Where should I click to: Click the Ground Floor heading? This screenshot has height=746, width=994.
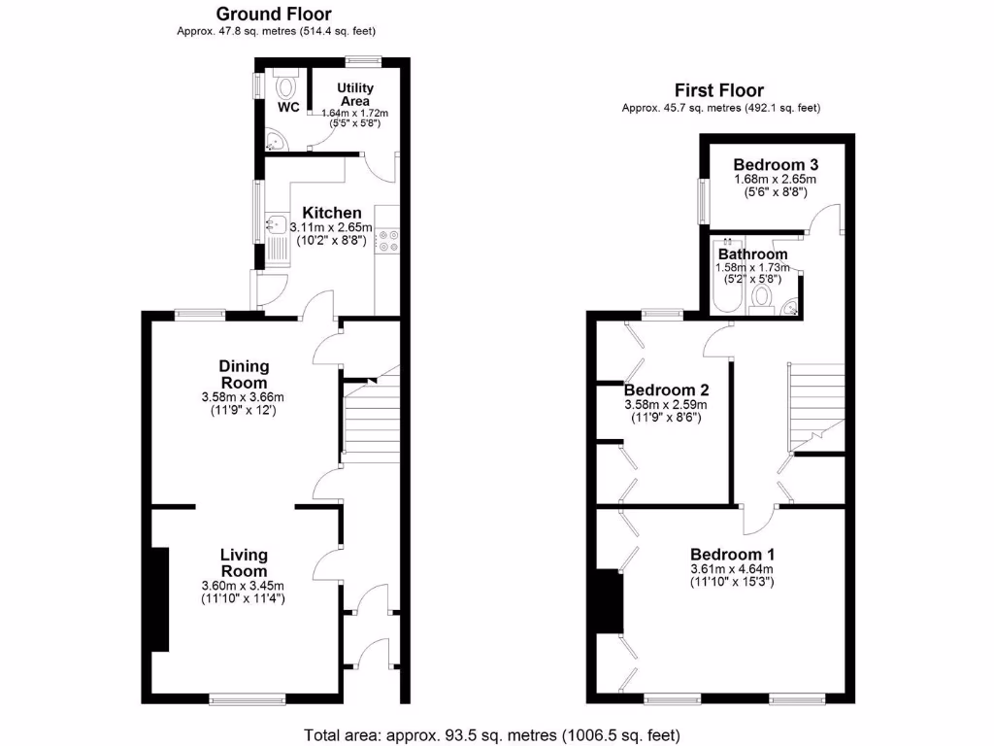click(x=273, y=14)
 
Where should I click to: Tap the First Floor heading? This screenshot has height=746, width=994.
click(x=719, y=90)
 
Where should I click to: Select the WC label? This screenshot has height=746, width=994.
click(x=288, y=107)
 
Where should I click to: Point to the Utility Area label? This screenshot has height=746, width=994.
click(x=355, y=94)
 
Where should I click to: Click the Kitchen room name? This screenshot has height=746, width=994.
click(x=332, y=213)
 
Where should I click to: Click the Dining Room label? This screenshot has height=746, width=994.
click(x=243, y=374)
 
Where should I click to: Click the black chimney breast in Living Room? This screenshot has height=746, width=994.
click(x=160, y=598)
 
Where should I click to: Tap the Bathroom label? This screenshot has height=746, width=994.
click(x=753, y=254)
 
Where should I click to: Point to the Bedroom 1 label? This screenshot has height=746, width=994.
click(x=733, y=553)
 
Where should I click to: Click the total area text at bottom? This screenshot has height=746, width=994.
click(x=492, y=733)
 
